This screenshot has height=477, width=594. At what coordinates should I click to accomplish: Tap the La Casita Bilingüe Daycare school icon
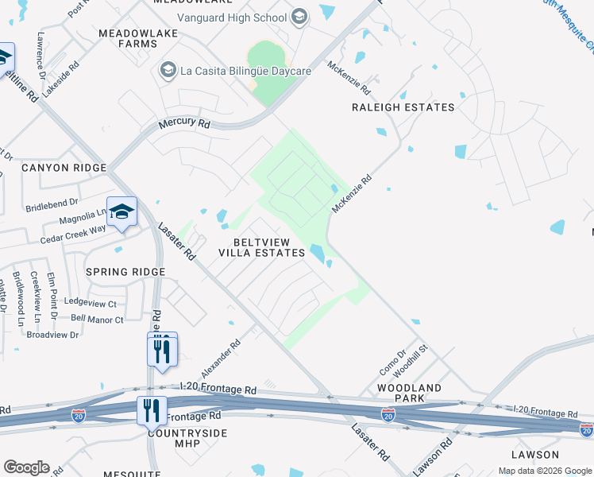(168, 71)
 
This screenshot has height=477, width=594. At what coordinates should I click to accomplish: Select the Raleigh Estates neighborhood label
(403, 107)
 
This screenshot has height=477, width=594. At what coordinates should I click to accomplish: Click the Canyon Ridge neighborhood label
(64, 168)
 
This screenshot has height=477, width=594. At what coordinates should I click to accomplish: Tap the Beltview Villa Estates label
(262, 247)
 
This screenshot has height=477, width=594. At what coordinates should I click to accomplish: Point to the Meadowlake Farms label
(128, 38)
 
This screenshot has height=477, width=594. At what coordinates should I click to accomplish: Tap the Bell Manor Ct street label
(97, 320)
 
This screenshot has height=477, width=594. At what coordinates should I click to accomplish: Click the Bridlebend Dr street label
(52, 204)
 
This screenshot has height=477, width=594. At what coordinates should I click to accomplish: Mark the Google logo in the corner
(26, 467)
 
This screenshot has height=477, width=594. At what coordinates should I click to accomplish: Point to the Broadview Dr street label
(52, 335)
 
